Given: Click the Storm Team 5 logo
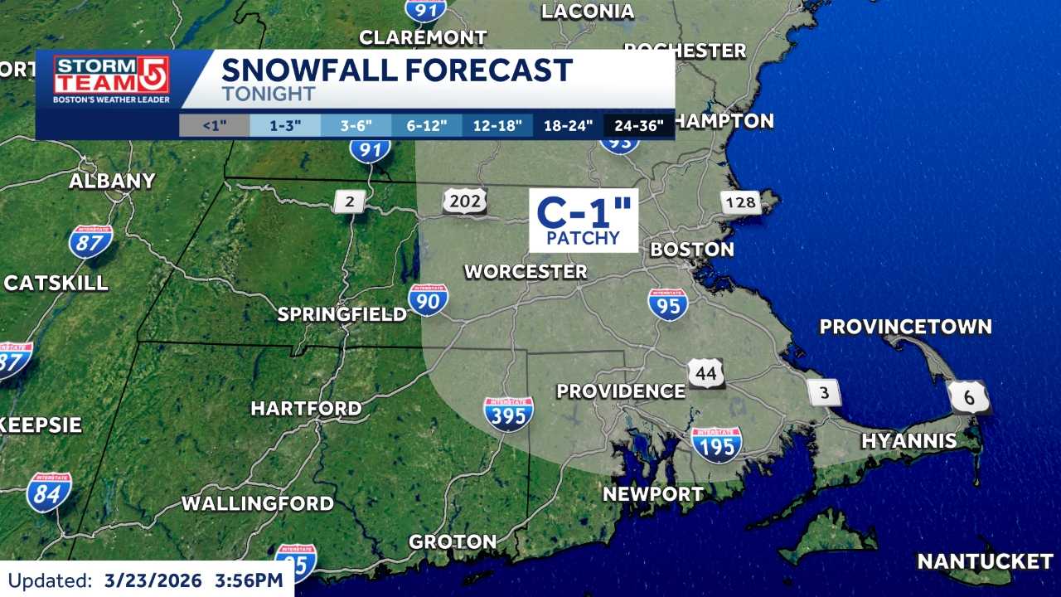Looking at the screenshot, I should tap(111, 80).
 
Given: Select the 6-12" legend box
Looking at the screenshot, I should tap(427, 126).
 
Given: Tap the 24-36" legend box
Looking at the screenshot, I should tap(638, 126).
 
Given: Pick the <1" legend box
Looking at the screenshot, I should tap(215, 126).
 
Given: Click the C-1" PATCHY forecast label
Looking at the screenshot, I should tap(584, 221).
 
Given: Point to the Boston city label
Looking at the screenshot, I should tap(692, 250).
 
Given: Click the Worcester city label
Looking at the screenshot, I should tap(526, 271).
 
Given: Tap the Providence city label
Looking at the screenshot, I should tap(621, 391).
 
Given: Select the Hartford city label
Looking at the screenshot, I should tap(306, 409).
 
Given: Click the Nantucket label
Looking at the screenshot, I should tap(985, 561).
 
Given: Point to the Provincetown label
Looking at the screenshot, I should tap(905, 327).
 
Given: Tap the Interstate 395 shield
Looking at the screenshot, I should tap(508, 413).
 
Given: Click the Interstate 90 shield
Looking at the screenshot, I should tap(429, 300).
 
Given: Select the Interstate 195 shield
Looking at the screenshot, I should tap(716, 444).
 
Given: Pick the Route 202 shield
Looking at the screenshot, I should tap(464, 201).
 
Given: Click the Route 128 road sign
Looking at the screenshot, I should tap(740, 201).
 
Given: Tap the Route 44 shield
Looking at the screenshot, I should tap(705, 373).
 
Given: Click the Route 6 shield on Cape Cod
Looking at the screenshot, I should tap(969, 397).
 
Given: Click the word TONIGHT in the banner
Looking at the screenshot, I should tap(269, 94).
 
